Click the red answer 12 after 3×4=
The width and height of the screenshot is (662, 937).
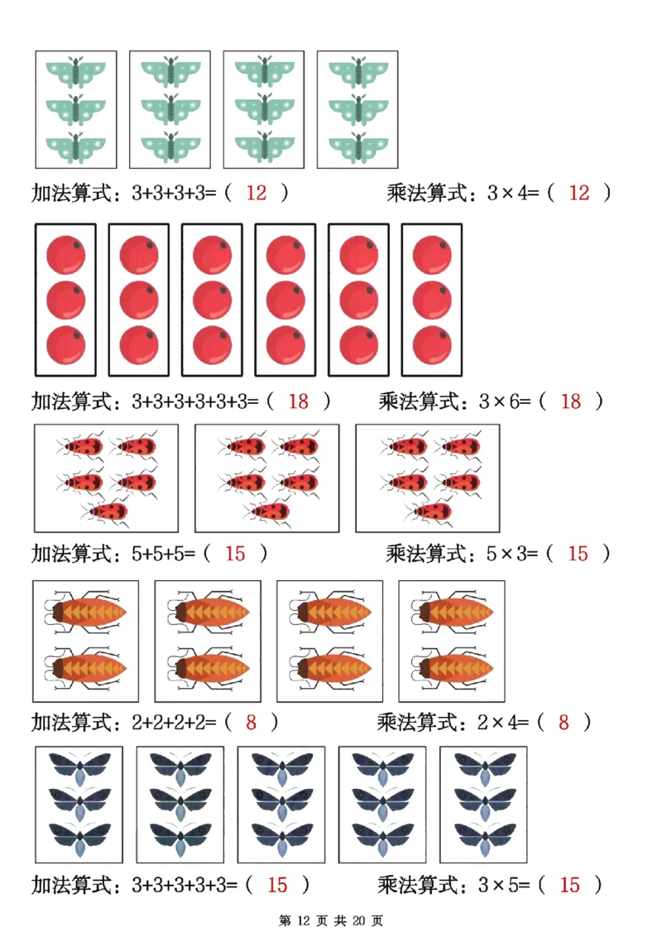(579, 193)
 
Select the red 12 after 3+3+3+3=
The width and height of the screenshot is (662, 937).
(257, 193)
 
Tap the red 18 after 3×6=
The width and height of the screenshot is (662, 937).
(571, 401)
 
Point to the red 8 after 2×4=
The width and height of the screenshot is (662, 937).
(564, 722)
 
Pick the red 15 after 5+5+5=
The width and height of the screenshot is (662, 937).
(236, 553)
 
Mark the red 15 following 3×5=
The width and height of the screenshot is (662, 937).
(570, 885)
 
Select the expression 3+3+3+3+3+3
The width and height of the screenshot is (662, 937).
(196, 401)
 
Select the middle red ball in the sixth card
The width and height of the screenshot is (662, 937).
(432, 299)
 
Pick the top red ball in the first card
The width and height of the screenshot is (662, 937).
(66, 254)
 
